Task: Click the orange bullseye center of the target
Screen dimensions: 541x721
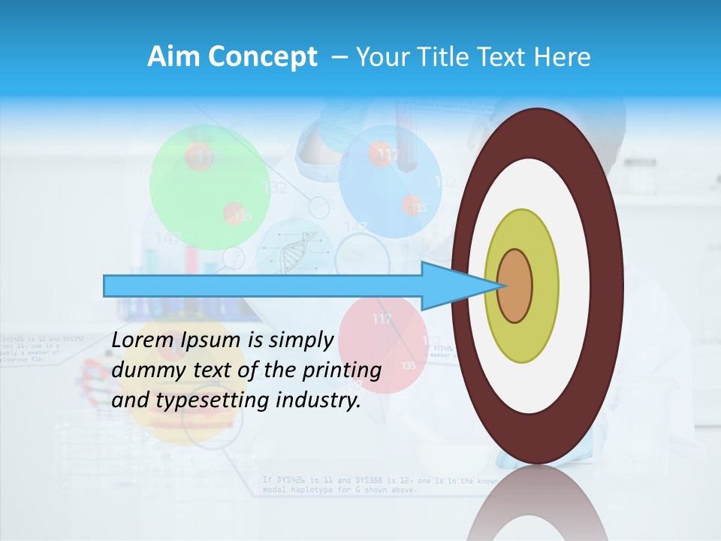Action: click(x=515, y=286)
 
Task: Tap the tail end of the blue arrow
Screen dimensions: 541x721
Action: click(x=109, y=286)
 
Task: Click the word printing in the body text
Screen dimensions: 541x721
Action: click(x=345, y=370)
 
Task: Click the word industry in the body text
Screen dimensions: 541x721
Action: click(x=323, y=400)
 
